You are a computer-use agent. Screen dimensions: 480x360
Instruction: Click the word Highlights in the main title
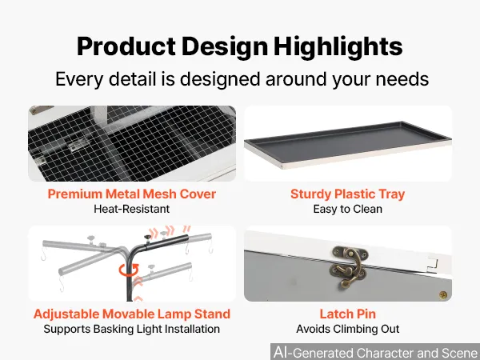tap(338, 46)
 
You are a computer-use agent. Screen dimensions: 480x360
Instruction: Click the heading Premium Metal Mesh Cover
tap(132, 194)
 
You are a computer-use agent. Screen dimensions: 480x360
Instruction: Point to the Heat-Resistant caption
tap(132, 209)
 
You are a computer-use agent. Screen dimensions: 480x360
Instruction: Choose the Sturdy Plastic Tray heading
tap(348, 194)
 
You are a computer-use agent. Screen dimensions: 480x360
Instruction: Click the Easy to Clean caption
tap(348, 209)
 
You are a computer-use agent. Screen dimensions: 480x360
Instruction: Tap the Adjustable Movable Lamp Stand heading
tap(132, 314)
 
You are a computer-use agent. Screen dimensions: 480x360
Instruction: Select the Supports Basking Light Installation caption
tap(132, 329)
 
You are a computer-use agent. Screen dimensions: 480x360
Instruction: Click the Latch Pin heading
tap(348, 314)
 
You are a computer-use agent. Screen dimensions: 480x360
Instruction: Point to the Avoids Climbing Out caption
tap(348, 329)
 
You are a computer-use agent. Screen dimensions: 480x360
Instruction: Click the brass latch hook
tap(349, 267)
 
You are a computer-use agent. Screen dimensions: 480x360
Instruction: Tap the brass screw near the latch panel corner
tap(443, 295)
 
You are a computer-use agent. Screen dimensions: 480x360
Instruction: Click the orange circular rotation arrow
tap(129, 270)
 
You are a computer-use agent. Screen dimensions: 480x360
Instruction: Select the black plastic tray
tap(348, 143)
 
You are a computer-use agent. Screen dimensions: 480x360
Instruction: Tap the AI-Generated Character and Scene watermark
tap(376, 352)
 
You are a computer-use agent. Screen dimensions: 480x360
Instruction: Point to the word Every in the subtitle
tap(79, 79)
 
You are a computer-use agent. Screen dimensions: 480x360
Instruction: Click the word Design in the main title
tap(225, 46)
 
